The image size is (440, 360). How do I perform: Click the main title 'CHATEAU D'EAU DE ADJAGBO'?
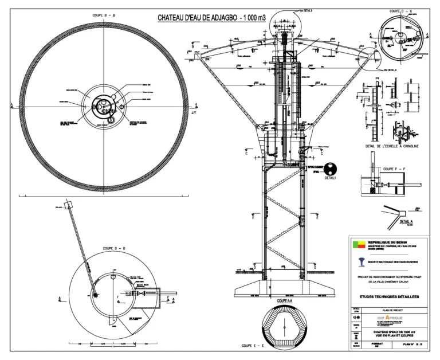point(212,18)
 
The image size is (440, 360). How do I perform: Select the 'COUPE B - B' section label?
point(104,15)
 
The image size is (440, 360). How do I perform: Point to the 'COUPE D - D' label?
point(115,248)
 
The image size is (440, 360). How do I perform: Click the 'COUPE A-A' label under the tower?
point(285,300)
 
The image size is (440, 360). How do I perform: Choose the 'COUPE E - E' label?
point(252,346)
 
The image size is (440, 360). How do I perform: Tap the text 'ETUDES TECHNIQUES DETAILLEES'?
point(389,296)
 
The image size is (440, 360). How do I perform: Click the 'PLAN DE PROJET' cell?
point(389,310)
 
